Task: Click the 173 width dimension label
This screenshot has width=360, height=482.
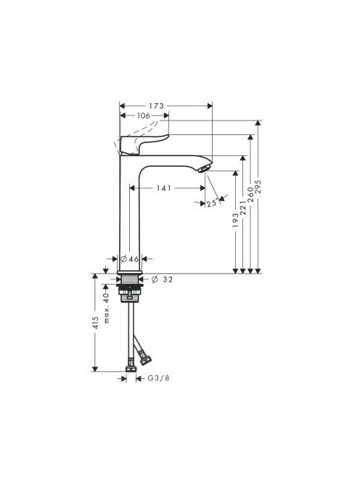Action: tap(157, 106)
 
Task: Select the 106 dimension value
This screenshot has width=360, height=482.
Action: tap(144, 115)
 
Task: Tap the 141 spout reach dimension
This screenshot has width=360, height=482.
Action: tap(163, 188)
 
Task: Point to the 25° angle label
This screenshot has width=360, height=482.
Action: tap(212, 203)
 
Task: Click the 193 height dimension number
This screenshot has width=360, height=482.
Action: tap(235, 220)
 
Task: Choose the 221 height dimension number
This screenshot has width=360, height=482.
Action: tap(243, 208)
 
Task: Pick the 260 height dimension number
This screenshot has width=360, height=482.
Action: tap(251, 195)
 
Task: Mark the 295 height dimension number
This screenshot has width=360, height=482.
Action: tap(258, 187)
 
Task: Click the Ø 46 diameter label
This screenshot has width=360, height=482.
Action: tap(129, 259)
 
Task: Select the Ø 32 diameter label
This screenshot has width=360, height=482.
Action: tap(163, 279)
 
